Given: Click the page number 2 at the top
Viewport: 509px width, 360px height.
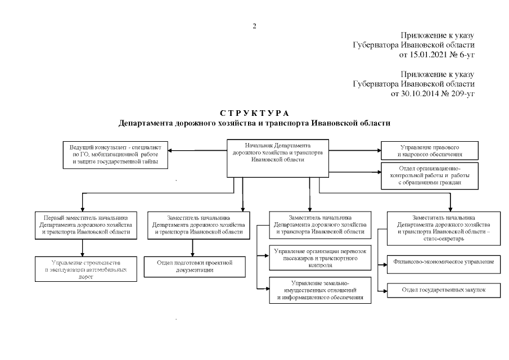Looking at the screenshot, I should pos(254,26).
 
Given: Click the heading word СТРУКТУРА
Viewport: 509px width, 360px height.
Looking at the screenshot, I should pos(254,114).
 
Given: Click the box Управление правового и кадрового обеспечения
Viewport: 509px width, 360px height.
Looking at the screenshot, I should pos(430,150).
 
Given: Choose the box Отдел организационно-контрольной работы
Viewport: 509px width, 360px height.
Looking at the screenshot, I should pos(430,175).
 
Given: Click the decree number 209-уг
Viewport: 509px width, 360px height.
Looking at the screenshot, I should pos(463,93).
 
